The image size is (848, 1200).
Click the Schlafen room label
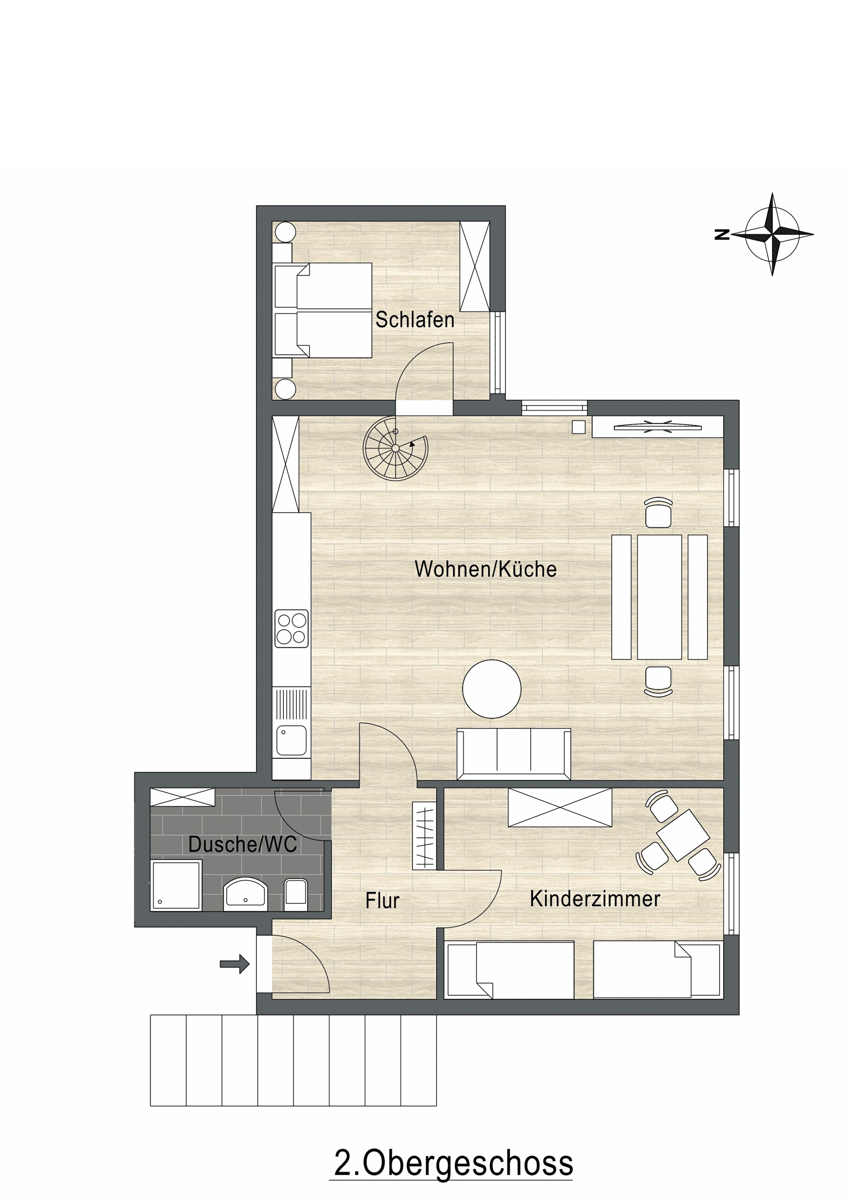tap(415, 320)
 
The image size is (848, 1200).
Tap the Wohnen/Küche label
tap(485, 569)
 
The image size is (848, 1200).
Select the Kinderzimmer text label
tap(595, 899)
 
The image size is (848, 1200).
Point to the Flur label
tap(383, 901)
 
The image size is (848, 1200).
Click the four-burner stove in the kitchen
tap(291, 629)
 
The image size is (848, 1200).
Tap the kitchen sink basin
tap(291, 741)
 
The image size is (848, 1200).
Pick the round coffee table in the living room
tap(491, 688)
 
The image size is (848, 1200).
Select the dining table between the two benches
tap(659, 597)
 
